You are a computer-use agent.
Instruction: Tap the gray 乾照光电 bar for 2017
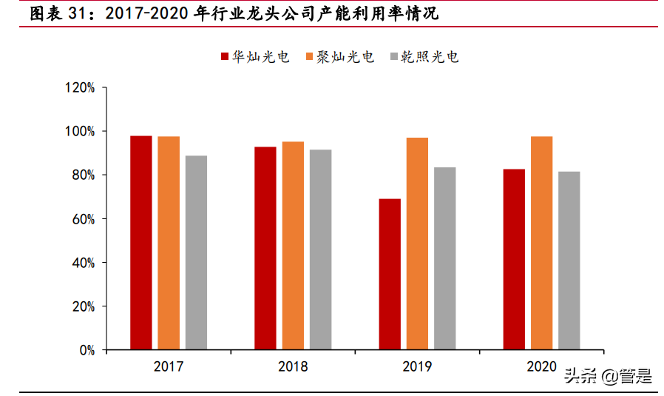196,252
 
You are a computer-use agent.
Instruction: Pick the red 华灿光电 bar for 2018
265,248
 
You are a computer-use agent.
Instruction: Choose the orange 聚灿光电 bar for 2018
293,245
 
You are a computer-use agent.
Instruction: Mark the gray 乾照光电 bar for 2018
320,249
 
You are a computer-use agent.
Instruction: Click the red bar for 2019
390,274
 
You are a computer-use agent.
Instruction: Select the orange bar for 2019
417,244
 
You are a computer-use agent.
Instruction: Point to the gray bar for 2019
444,258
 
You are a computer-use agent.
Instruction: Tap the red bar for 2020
514,259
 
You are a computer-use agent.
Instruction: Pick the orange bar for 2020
541,243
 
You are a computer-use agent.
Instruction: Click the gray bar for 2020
569,261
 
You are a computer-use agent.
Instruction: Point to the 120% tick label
80,87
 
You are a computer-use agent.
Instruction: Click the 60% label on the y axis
83,219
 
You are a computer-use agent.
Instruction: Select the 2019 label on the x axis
417,366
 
